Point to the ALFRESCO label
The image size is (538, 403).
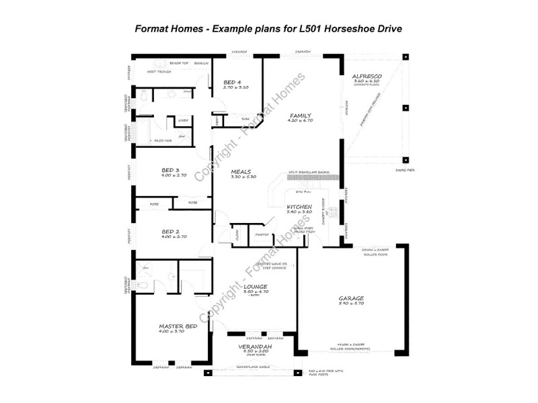click(367, 77)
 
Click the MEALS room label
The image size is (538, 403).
click(241, 171)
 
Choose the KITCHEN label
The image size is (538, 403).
click(298, 206)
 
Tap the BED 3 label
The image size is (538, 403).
click(170, 170)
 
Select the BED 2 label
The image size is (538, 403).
click(170, 231)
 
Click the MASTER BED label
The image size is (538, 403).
click(178, 326)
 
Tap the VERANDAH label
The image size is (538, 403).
click(255, 347)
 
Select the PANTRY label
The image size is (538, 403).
click(262, 234)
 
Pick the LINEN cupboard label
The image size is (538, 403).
click(183, 121)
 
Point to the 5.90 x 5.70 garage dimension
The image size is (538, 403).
click(352, 304)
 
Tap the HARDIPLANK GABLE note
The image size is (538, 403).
click(254, 367)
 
